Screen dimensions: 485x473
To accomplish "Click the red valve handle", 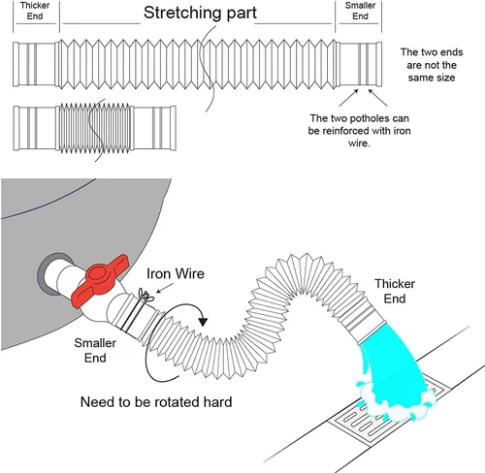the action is click(99, 279).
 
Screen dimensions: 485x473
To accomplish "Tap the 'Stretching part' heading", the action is click(200, 13).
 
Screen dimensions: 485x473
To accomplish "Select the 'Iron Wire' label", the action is click(176, 273).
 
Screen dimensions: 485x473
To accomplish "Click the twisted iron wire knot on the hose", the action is click(145, 296).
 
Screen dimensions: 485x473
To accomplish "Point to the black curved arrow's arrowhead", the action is click(203, 322).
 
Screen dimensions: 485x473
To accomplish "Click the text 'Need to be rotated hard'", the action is click(156, 402).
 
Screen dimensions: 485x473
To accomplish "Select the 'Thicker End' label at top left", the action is click(35, 11).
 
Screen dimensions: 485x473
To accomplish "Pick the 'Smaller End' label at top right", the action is click(360, 11).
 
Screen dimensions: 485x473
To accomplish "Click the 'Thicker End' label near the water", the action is click(395, 291).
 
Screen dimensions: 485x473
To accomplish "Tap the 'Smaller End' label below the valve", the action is click(95, 350).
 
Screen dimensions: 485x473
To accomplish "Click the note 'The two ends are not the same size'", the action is click(432, 65).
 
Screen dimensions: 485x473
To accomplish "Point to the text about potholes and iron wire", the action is click(359, 131).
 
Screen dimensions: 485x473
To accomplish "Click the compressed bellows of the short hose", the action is click(95, 128).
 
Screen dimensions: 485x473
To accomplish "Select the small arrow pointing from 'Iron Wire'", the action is click(164, 288).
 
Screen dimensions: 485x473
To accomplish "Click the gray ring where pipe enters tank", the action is click(48, 274).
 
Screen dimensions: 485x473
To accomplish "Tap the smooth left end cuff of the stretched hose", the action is click(36, 64).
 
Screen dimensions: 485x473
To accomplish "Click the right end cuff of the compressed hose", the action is click(154, 128).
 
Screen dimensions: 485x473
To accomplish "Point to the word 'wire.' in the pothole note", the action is click(359, 143).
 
